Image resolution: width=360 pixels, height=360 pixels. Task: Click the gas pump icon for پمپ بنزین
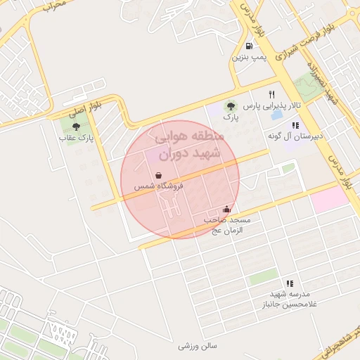coord(250,46)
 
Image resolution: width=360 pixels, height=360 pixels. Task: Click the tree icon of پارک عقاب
coord(76,127)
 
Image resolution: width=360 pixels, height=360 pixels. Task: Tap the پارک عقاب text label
coord(76,138)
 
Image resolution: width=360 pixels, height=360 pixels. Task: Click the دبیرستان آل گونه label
coord(295,136)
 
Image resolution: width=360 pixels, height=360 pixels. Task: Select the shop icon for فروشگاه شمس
coord(159,176)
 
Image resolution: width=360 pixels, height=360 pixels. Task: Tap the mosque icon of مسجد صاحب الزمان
coord(226,209)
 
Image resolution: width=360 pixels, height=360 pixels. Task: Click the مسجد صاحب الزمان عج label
coord(227,224)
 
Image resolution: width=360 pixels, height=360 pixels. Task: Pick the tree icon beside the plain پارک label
coord(231,107)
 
